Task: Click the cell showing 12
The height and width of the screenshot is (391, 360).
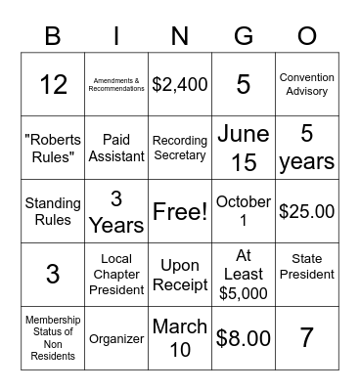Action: pyautogui.click(x=53, y=84)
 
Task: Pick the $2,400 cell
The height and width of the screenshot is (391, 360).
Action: pyautogui.click(x=180, y=84)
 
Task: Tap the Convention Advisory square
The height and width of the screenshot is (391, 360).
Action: pyautogui.click(x=307, y=84)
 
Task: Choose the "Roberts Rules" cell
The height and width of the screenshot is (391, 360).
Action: pyautogui.click(x=53, y=148)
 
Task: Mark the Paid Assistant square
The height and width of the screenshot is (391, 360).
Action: pyautogui.click(x=116, y=148)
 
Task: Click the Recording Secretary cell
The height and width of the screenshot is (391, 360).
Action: pyautogui.click(x=180, y=148)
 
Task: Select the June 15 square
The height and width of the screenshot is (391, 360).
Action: pyautogui.click(x=244, y=148)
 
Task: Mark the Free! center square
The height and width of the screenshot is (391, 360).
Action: pyautogui.click(x=180, y=211)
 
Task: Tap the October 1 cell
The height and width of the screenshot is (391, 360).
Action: pyautogui.click(x=244, y=211)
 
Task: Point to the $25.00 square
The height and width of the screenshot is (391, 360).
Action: pyautogui.click(x=307, y=211)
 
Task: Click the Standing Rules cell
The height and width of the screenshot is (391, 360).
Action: pyautogui.click(x=53, y=211)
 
